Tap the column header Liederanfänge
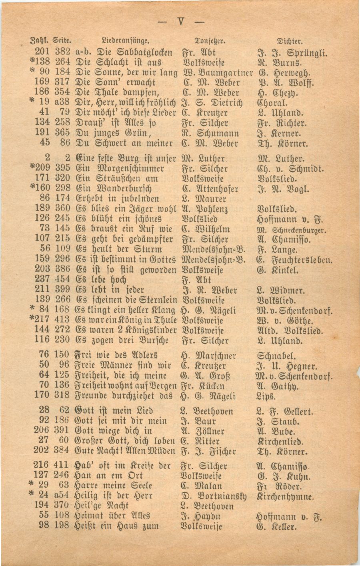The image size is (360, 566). (125, 40)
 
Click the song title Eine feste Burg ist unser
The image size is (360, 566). (125, 158)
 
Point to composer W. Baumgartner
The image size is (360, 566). (217, 73)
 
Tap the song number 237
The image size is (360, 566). (42, 279)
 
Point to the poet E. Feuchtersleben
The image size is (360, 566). (294, 260)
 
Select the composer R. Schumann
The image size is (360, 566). (210, 133)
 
